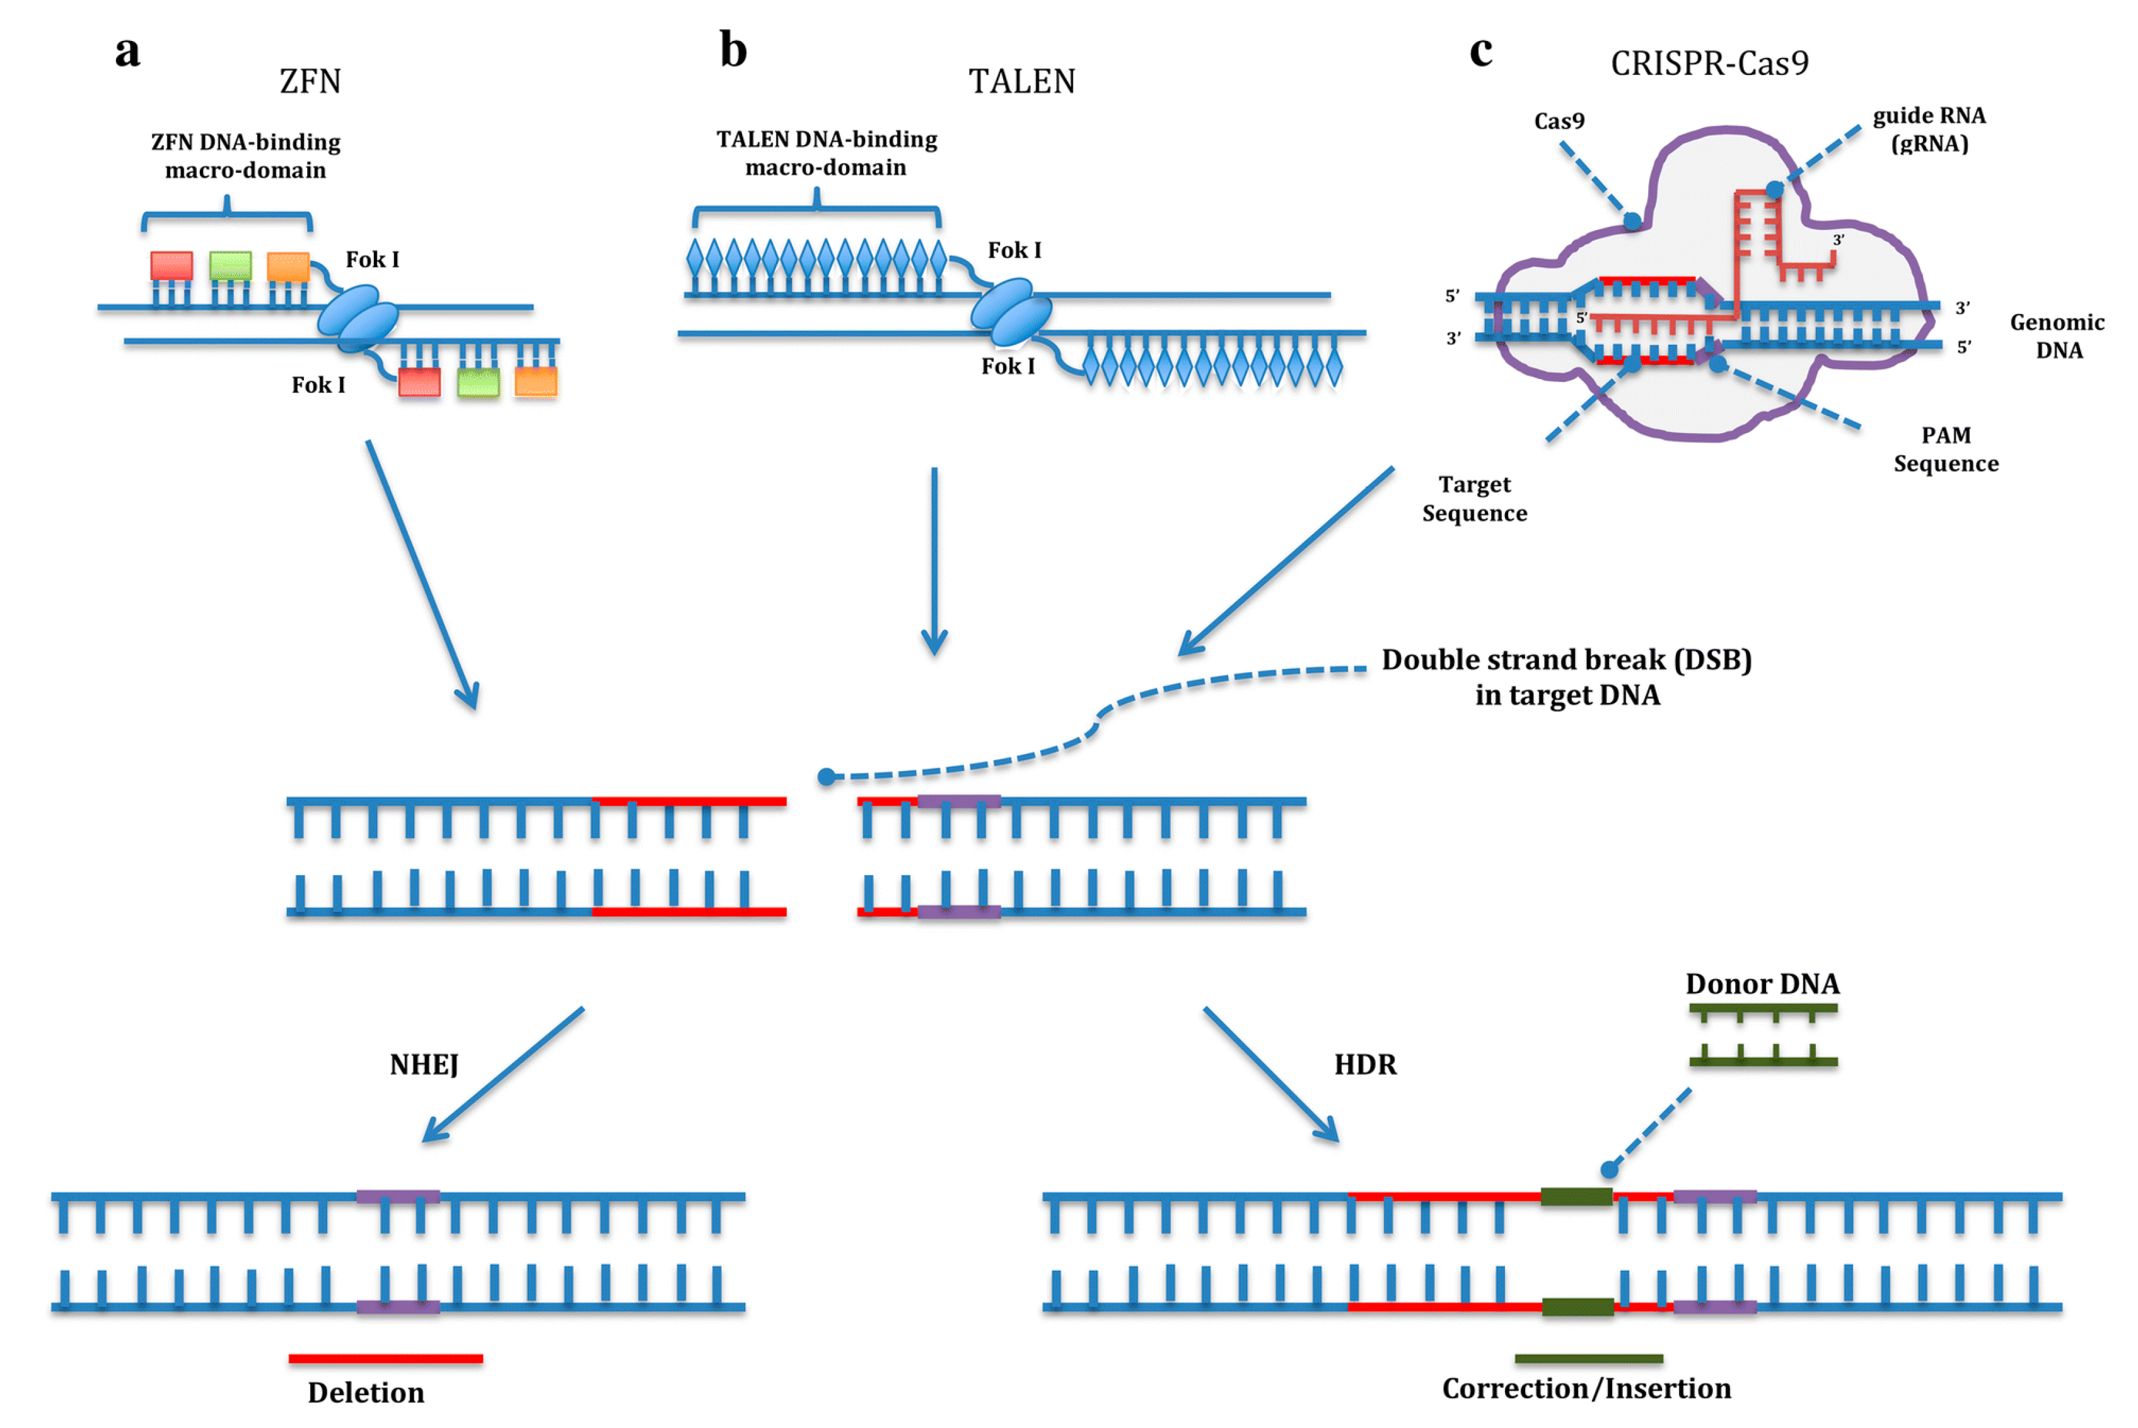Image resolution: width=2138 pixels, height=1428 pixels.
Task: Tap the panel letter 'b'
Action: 733,49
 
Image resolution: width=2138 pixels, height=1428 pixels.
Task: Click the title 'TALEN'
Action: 1021,82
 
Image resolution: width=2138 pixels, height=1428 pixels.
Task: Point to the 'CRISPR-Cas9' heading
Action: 1709,63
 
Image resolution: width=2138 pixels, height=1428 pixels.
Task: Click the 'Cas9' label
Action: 1559,121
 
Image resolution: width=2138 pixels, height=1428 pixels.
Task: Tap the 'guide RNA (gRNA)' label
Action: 1929,129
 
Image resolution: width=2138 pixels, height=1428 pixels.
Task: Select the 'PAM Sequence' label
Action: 1946,449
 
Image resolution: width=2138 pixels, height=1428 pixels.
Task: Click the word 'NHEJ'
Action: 424,1065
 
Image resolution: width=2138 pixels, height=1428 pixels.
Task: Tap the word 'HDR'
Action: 1365,1065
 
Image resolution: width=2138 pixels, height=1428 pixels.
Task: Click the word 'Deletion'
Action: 366,1393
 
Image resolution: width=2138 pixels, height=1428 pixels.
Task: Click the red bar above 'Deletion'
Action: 385,1359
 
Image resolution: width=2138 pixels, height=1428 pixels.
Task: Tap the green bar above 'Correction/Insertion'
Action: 1589,1359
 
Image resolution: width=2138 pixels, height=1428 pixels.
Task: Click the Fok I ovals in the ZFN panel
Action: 358,318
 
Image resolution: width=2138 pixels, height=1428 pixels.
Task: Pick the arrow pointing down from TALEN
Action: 934,561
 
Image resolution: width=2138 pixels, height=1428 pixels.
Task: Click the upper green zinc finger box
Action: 230,266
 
